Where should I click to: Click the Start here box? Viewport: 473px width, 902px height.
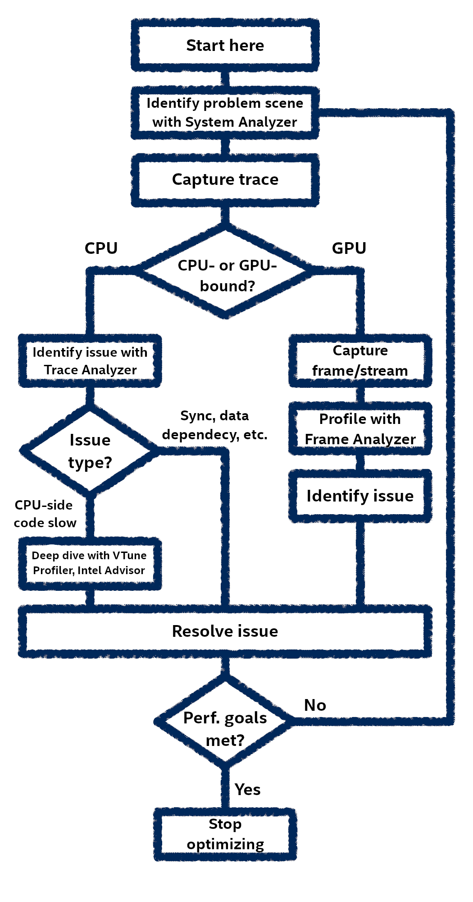coord(225,45)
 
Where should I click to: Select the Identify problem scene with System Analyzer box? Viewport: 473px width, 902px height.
coord(225,113)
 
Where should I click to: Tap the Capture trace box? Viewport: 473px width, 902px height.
coord(225,179)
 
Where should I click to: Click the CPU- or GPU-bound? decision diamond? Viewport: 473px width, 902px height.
coord(225,275)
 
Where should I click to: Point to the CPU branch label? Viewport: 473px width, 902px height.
coord(101,249)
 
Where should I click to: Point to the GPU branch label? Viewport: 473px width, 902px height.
coord(349,249)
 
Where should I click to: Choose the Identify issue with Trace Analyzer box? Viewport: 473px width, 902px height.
coord(90,361)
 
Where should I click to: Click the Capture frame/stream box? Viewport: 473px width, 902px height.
coord(360,361)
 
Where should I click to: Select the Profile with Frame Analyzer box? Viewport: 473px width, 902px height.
coord(360,429)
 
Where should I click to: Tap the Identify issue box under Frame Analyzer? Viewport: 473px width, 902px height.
coord(360,496)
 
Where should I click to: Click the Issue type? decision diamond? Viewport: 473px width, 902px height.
coord(90,451)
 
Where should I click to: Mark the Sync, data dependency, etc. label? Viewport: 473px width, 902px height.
coord(215,425)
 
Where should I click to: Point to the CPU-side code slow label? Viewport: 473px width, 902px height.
coord(45,514)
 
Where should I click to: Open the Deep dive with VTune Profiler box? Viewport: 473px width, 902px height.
coord(90,563)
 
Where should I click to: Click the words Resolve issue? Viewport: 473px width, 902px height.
coord(225,631)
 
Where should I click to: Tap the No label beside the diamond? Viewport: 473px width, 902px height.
coord(315,705)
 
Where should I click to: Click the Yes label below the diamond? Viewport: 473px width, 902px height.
coord(248,790)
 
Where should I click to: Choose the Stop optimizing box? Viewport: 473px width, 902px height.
coord(225,834)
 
